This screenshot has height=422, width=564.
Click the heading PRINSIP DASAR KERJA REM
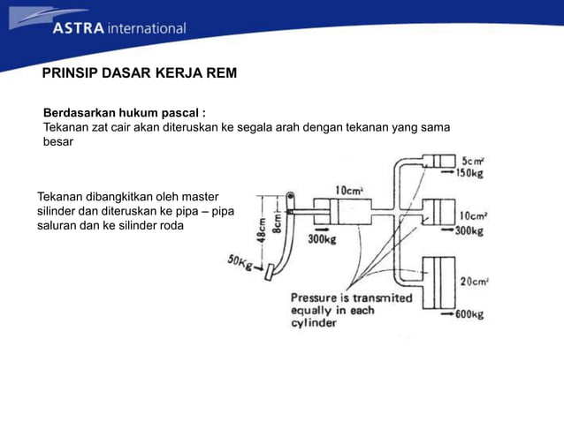140,72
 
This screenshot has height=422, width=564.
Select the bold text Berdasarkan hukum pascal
125,114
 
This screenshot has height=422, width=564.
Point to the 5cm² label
473,162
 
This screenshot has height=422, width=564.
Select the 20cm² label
475,282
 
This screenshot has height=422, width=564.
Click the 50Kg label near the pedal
241,262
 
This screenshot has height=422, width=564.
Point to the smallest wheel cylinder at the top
438,162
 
